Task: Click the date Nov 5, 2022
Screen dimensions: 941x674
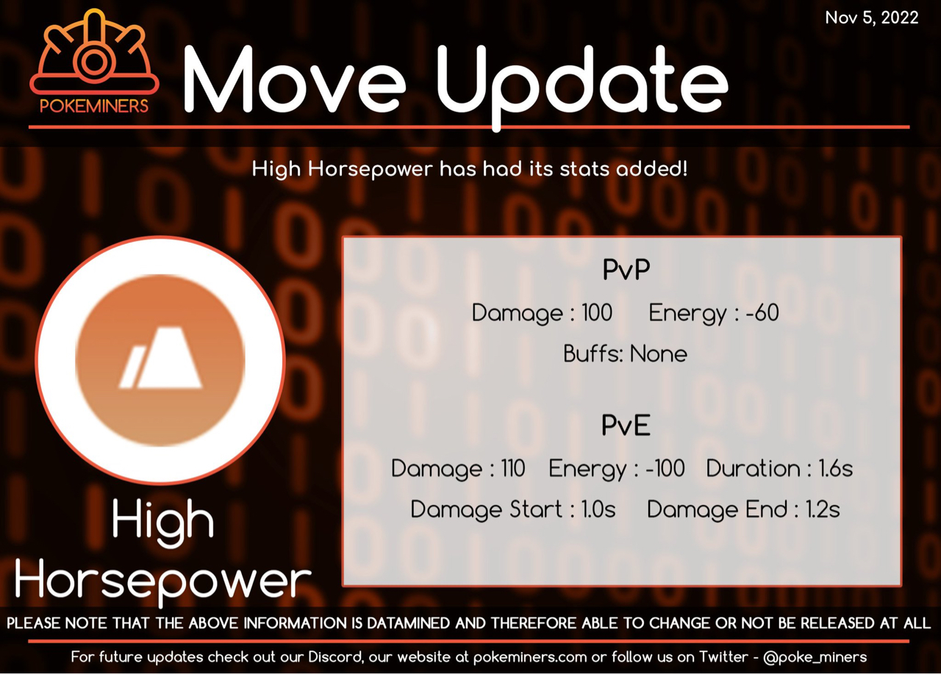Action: pyautogui.click(x=871, y=18)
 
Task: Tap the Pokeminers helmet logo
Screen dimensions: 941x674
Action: pyautogui.click(x=94, y=51)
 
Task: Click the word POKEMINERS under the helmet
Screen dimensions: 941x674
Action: pyautogui.click(x=94, y=106)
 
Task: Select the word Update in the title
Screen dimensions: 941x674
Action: pyautogui.click(x=582, y=84)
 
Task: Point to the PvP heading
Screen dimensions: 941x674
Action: pyautogui.click(x=626, y=269)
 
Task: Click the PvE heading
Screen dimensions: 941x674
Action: pyautogui.click(x=626, y=425)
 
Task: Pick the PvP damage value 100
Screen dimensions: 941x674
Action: pyautogui.click(x=597, y=313)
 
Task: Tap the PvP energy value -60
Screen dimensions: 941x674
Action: pyautogui.click(x=762, y=313)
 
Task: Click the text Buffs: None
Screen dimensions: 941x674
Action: pyautogui.click(x=625, y=354)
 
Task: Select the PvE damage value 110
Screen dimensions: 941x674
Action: pyautogui.click(x=513, y=468)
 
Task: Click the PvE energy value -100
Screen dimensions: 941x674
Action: pyautogui.click(x=665, y=468)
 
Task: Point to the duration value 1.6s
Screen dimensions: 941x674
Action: pyautogui.click(x=836, y=468)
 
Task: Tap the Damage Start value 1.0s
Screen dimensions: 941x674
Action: pyautogui.click(x=598, y=509)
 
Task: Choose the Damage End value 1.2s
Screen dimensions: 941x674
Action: pyautogui.click(x=823, y=509)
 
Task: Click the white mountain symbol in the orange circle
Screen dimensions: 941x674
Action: pyautogui.click(x=160, y=357)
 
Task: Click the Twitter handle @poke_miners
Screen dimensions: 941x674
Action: pyautogui.click(x=815, y=657)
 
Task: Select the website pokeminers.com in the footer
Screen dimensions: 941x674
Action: pyautogui.click(x=530, y=657)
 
